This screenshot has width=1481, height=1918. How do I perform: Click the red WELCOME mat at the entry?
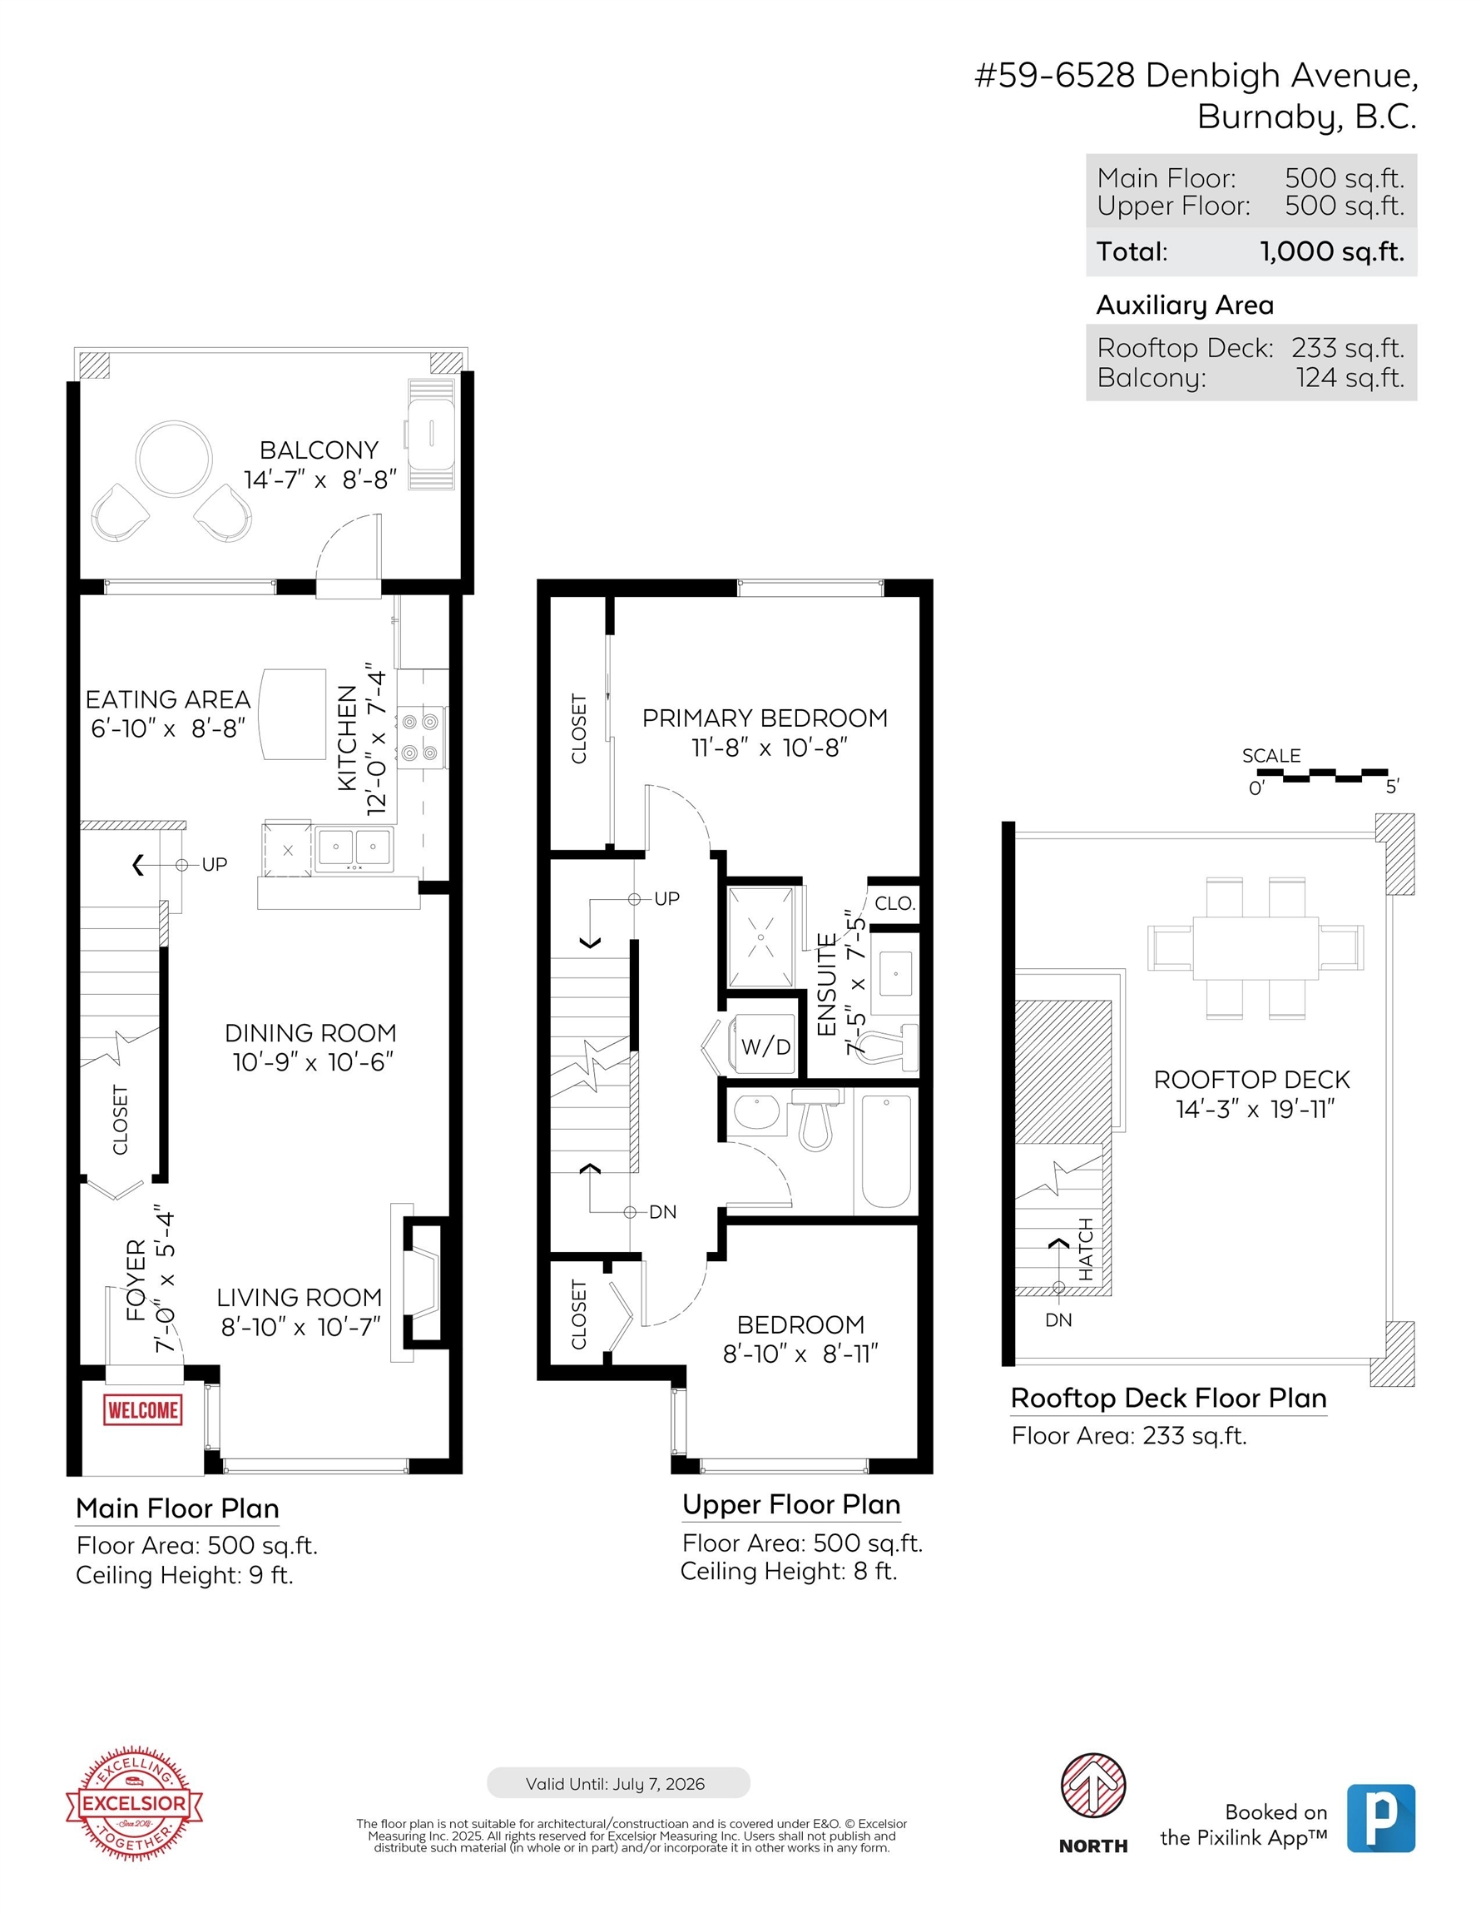click(x=142, y=1409)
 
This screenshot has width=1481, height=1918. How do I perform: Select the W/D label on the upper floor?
click(x=765, y=1046)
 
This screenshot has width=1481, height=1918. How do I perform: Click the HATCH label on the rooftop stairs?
click(x=1086, y=1249)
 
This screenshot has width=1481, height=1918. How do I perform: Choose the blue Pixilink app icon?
click(x=1381, y=1818)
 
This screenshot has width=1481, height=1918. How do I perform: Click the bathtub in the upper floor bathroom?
click(x=886, y=1151)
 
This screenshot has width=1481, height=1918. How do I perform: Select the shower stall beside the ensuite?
click(x=760, y=937)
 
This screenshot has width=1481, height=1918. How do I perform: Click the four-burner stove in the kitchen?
click(x=420, y=737)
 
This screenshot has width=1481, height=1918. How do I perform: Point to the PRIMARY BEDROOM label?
click(x=765, y=718)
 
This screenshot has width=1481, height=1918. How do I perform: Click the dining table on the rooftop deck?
click(x=1256, y=947)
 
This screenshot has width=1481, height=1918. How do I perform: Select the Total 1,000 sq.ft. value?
click(x=1332, y=251)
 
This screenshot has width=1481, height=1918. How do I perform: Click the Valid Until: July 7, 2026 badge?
click(x=618, y=1783)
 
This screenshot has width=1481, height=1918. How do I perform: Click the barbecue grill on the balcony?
click(x=431, y=434)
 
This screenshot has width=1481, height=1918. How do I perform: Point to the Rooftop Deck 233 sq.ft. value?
click(x=1348, y=348)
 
